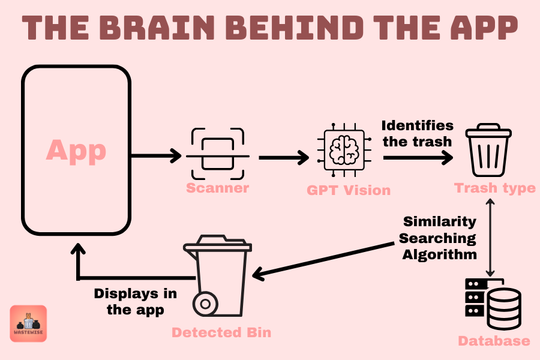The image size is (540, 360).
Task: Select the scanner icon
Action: point(217,154)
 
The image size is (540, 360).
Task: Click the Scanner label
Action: point(217,188)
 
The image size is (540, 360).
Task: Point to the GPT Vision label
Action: point(348,190)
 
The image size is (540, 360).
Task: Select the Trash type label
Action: point(494,188)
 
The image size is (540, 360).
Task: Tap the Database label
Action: point(494,341)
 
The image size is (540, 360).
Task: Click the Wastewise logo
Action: point(28,323)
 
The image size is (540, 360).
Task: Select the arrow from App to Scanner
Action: point(156,157)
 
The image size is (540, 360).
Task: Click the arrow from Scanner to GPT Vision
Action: point(283,158)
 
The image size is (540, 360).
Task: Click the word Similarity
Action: point(439,221)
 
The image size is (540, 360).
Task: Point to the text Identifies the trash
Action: point(417,134)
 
